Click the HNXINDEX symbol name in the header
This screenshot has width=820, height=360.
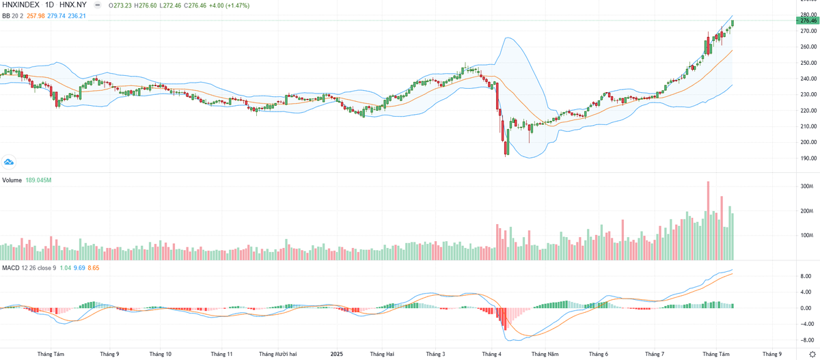click(20, 4)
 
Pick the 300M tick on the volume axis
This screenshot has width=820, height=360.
click(806, 186)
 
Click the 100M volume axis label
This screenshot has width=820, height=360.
click(806, 236)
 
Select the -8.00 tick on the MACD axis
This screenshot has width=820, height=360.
click(806, 340)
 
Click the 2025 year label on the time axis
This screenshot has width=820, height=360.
click(336, 355)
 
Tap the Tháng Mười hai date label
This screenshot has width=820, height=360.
click(278, 355)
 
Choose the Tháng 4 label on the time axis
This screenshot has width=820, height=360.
click(491, 355)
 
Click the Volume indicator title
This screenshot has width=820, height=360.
click(12, 180)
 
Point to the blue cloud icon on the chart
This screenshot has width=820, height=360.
click(9, 162)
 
